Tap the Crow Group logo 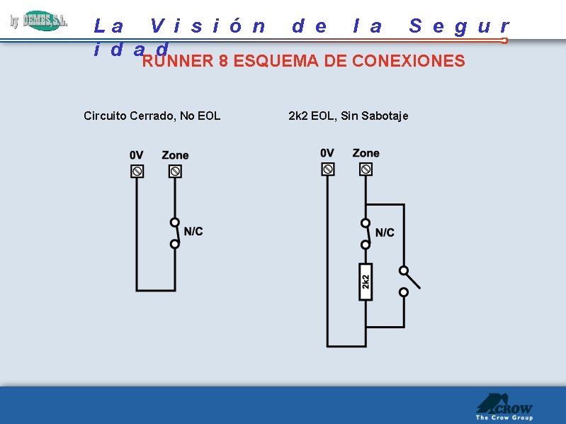[504, 408]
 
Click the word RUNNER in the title [178, 61]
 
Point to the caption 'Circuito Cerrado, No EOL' [152, 116]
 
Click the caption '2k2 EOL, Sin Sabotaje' [349, 116]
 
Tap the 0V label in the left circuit [137, 155]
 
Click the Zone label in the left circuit [175, 155]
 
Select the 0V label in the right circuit [327, 153]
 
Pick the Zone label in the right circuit [366, 153]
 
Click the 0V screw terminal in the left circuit [137, 171]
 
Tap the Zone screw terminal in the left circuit [175, 171]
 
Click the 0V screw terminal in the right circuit [327, 169]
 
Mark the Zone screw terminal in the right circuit [366, 169]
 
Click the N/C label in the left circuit [193, 231]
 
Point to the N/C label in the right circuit [385, 233]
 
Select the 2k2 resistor [366, 281]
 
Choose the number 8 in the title [223, 61]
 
